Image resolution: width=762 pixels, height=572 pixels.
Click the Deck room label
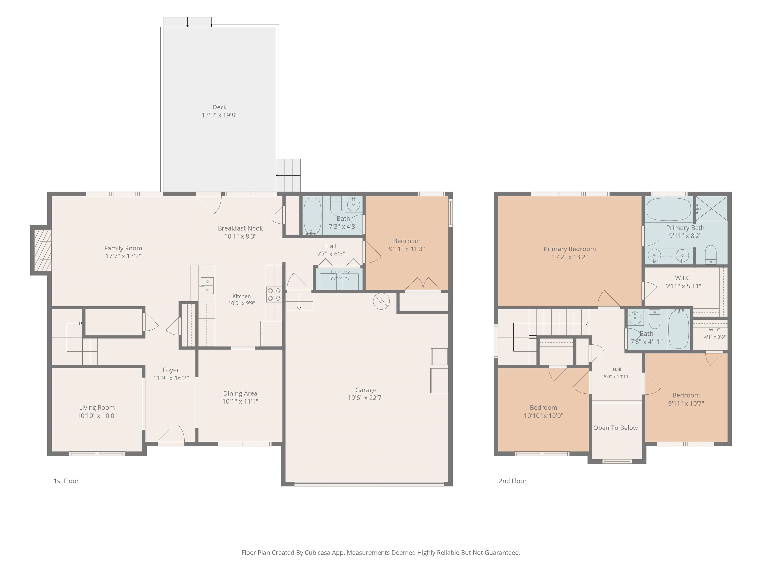pyautogui.click(x=220, y=107)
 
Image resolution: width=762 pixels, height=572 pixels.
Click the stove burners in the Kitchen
pyautogui.click(x=274, y=294)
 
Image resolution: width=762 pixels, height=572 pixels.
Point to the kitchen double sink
pyautogui.click(x=207, y=286)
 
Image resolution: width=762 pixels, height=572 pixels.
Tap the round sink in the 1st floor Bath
pyautogui.click(x=353, y=205)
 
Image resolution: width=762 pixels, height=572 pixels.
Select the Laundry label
pyautogui.click(x=340, y=272)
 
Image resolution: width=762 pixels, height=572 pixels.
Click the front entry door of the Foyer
pyautogui.click(x=171, y=434)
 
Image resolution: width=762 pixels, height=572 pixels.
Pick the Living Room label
pyautogui.click(x=97, y=408)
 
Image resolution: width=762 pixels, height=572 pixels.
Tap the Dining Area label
pyautogui.click(x=240, y=393)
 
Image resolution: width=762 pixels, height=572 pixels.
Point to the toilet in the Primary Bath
pyautogui.click(x=711, y=254)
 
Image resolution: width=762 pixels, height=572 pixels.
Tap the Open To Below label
pyautogui.click(x=616, y=428)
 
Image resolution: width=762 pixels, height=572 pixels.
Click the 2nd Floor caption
pyautogui.click(x=513, y=481)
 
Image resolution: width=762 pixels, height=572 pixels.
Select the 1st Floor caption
pyautogui.click(x=66, y=481)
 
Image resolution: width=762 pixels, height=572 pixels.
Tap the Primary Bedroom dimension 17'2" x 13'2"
pyautogui.click(x=570, y=257)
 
